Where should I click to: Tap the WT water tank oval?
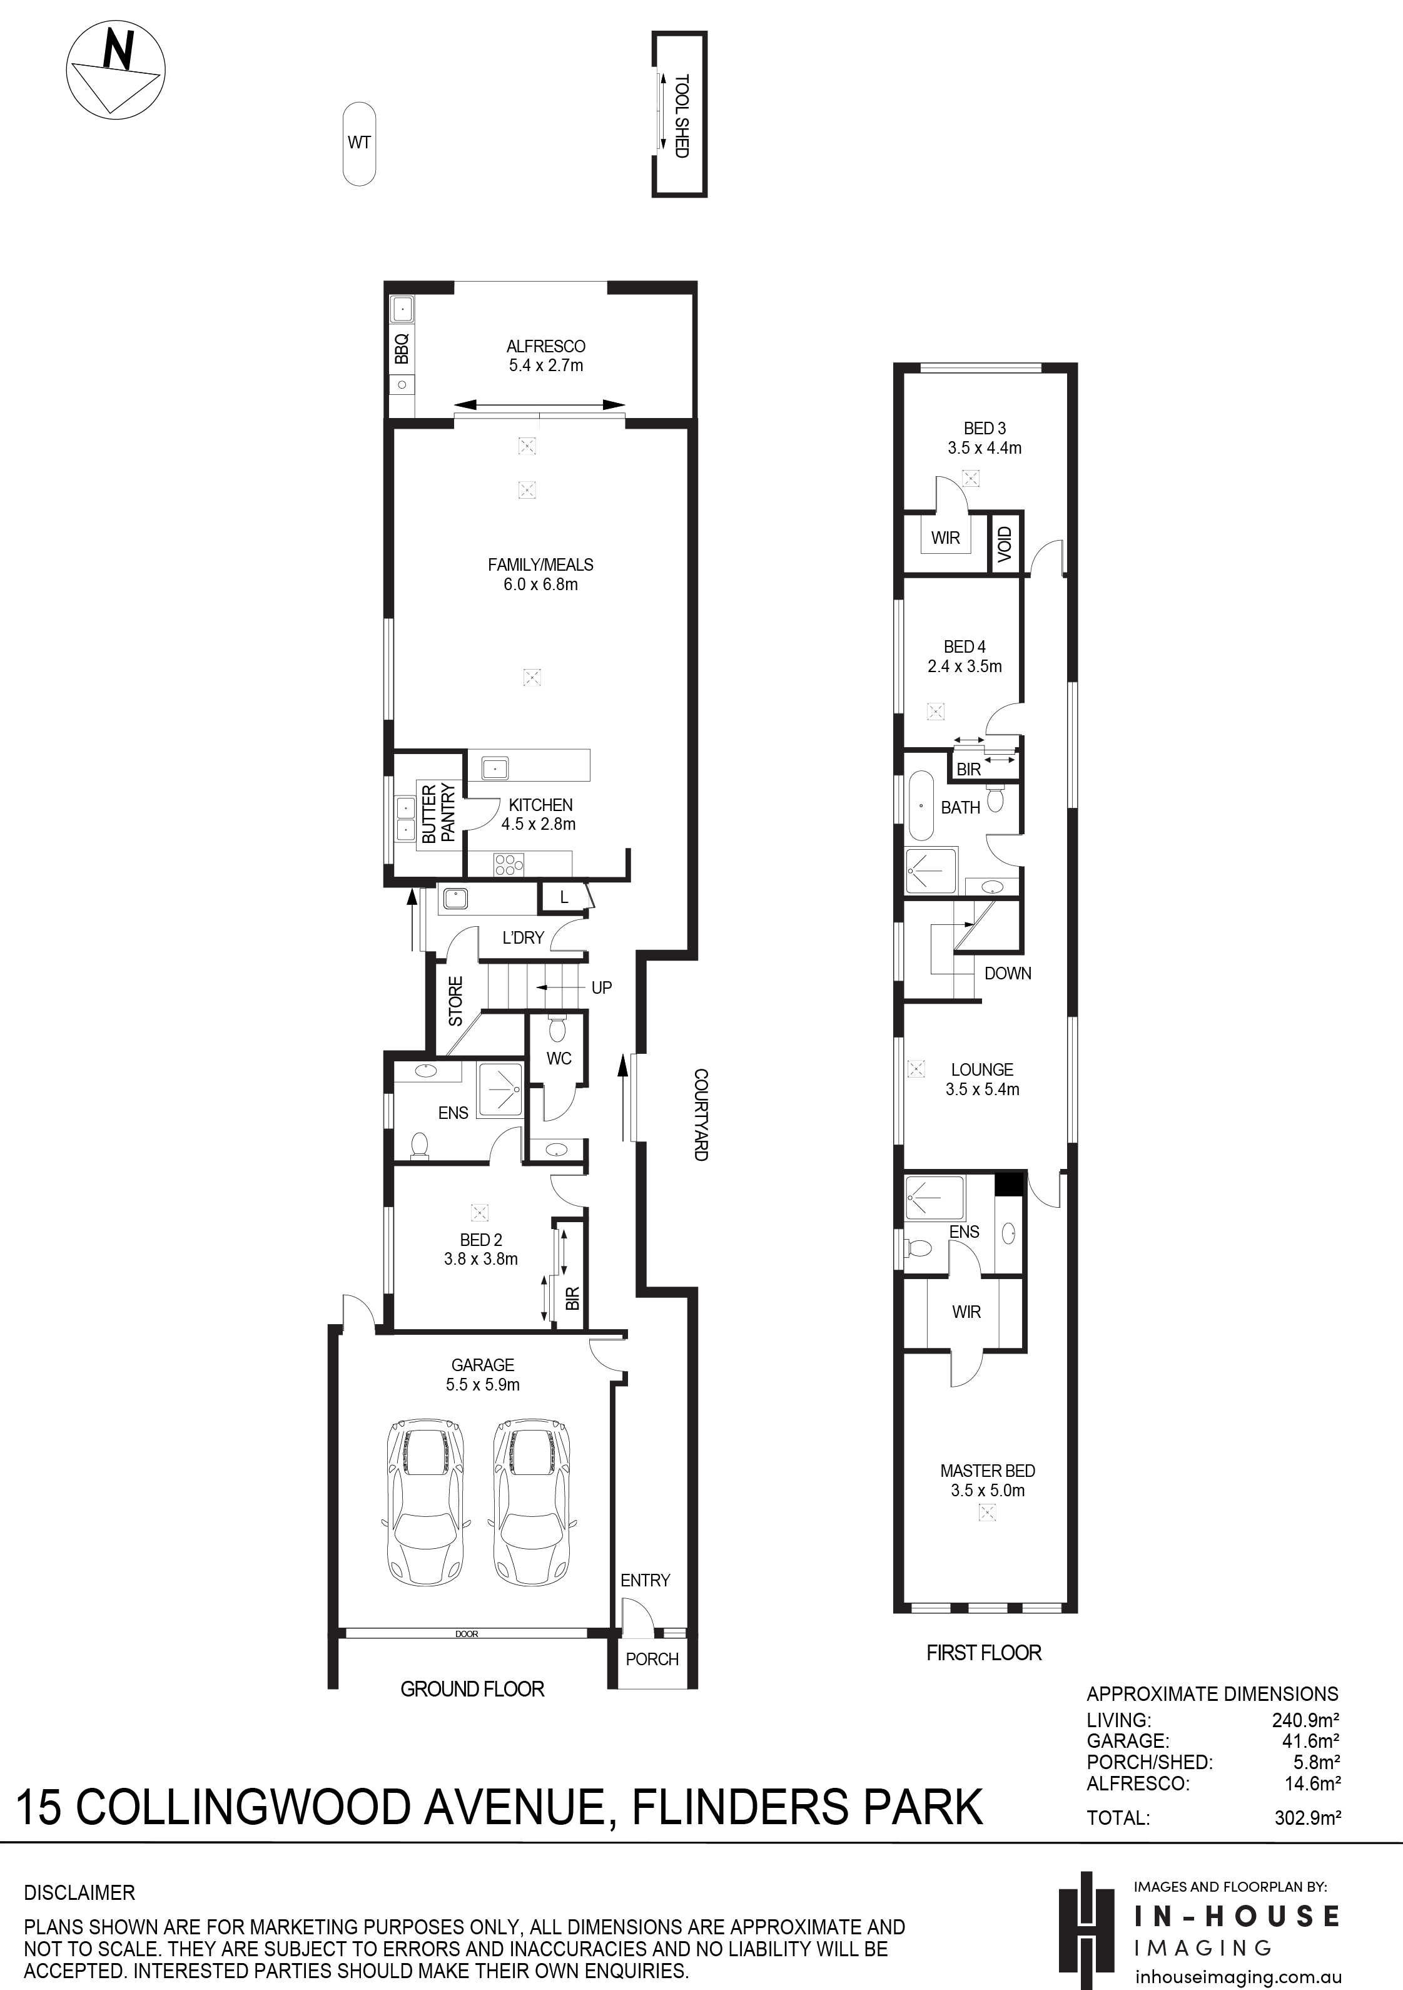pos(360,144)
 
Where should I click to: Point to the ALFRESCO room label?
pos(546,347)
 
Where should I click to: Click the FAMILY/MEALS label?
pos(541,565)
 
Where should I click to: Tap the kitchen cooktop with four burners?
pos(509,863)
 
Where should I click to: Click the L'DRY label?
pos(524,938)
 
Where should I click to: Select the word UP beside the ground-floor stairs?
pos(601,988)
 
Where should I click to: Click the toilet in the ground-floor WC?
pos(558,1029)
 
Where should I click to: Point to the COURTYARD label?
pos(700,1115)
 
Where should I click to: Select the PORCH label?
pos(652,1659)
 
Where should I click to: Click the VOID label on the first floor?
pos(1005,544)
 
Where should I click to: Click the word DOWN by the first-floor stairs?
pos(1008,973)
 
